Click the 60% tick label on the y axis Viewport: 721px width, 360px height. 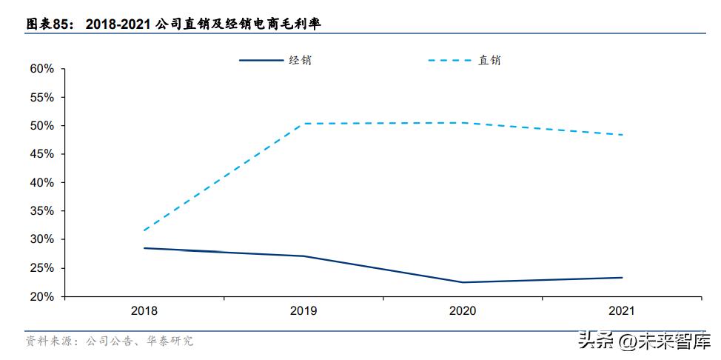(x=42, y=69)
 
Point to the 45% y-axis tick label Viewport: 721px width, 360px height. (x=42, y=154)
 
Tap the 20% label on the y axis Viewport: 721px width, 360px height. (x=42, y=296)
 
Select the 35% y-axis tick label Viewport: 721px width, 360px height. (x=42, y=211)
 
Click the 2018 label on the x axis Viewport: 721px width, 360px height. (x=144, y=311)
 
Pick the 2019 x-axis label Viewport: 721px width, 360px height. (x=304, y=311)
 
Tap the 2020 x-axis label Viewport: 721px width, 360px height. (x=463, y=311)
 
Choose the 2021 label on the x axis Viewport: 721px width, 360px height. (x=622, y=311)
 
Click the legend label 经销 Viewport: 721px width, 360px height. (x=300, y=60)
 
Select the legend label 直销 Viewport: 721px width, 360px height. (x=489, y=60)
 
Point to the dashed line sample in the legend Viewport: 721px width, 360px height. (x=449, y=60)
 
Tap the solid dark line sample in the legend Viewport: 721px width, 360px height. (x=261, y=60)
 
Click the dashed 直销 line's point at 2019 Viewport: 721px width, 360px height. (x=304, y=124)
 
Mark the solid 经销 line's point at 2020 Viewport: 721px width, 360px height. (x=463, y=282)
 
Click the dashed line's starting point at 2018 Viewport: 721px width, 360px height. (x=144, y=230)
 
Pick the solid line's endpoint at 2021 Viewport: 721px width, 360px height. (x=622, y=278)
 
